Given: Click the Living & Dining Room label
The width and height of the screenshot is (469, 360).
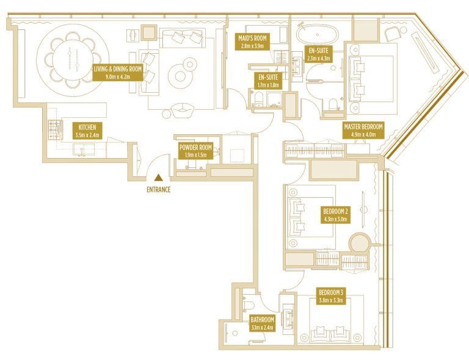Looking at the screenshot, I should [x=117, y=73].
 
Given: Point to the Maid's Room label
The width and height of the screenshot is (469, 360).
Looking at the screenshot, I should [x=252, y=42].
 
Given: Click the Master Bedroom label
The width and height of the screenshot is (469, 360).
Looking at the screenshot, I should [x=363, y=130].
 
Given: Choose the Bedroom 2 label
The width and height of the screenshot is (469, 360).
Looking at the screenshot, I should [x=335, y=214].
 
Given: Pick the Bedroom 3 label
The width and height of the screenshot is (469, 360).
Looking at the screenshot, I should [x=329, y=295].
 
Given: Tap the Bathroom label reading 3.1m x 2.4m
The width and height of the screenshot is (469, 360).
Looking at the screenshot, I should [x=262, y=323].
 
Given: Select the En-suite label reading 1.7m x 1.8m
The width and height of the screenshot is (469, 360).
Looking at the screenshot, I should [x=268, y=81].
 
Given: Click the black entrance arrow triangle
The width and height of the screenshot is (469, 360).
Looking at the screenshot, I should [x=158, y=178].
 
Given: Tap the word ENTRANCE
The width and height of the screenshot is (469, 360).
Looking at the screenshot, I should [x=158, y=190].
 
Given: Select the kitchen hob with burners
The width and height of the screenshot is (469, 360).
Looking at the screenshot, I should [x=54, y=129].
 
